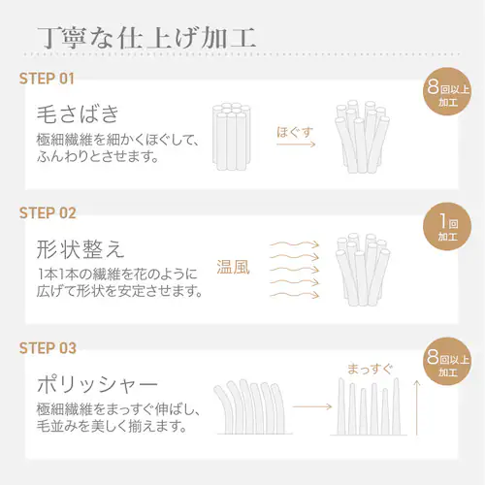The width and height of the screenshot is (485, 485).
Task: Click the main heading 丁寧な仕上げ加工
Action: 146,38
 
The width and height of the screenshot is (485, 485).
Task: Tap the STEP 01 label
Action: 47,79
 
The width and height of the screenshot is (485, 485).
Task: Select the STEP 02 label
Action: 48,213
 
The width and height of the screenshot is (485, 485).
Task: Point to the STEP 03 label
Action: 48,348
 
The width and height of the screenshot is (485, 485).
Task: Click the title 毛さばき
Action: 79,113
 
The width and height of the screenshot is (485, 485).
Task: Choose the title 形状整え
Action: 81,249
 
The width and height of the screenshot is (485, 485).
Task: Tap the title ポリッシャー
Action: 97,384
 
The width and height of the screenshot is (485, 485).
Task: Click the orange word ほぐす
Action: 295,132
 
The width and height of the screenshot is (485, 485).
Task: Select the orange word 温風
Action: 233,268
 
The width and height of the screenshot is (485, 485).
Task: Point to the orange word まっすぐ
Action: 370,369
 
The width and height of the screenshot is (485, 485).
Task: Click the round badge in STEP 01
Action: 447,91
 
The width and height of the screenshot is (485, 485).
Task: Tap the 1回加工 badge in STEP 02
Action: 447,226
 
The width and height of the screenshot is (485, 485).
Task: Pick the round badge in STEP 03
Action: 447,362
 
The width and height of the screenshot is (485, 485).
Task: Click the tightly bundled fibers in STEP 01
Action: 232,137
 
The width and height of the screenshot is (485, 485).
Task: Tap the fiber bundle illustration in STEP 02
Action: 363,269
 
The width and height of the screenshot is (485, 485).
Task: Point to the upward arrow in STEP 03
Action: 417,407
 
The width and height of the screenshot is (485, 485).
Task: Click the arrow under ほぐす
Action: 296,145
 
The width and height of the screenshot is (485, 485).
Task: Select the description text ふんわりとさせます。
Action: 97,157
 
